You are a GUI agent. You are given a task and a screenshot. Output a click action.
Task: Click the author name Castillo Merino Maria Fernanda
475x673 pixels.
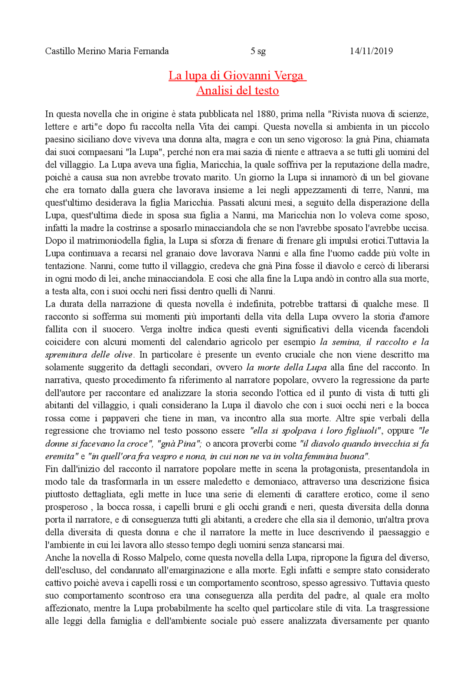pyautogui.click(x=107, y=51)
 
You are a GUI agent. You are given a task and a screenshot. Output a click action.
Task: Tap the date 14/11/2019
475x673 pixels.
pyautogui.click(x=371, y=51)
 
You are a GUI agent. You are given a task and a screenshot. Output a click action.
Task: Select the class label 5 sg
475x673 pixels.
pyautogui.click(x=258, y=51)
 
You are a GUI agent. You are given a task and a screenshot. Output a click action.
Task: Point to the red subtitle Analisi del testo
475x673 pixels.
pyautogui.click(x=237, y=90)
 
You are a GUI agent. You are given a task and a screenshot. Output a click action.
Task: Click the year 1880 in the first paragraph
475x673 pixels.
pyautogui.click(x=265, y=114)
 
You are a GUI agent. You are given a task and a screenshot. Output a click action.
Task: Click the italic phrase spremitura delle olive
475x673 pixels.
pyautogui.click(x=89, y=355)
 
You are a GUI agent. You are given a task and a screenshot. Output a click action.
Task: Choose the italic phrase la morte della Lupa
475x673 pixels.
pyautogui.click(x=286, y=368)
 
